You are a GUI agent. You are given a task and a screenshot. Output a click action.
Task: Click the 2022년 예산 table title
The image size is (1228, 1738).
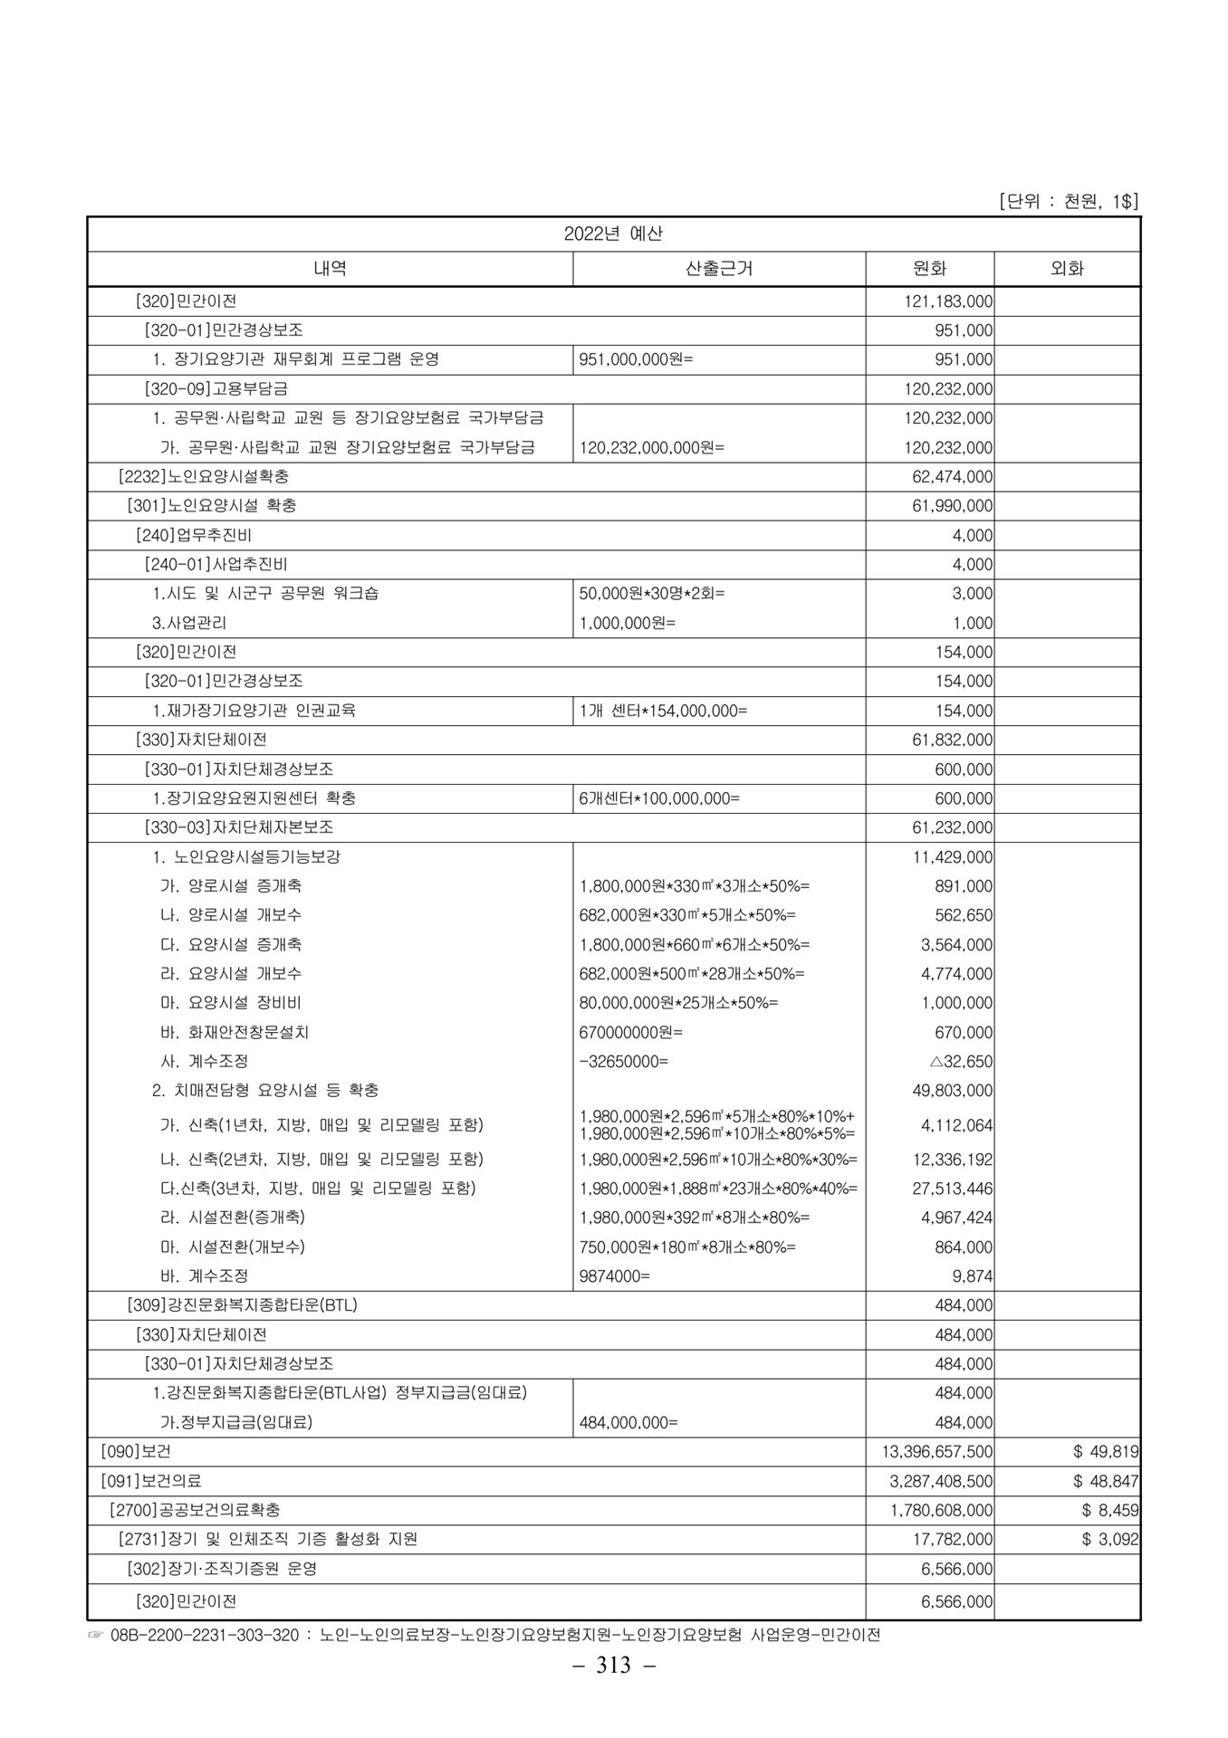pos(613,234)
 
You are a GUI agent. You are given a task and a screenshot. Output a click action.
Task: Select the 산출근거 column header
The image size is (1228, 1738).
pos(719,269)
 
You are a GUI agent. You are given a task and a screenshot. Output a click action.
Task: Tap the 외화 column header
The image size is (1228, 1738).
pos(1067,269)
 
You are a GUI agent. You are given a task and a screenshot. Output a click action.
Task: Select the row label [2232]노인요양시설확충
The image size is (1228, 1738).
pos(204,476)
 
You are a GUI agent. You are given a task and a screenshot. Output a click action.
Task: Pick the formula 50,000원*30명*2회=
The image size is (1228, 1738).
pos(652,594)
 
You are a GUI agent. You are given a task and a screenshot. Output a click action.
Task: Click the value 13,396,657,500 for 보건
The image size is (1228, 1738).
pos(937,1452)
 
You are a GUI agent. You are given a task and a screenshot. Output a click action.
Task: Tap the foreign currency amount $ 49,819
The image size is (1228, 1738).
pos(1105,1452)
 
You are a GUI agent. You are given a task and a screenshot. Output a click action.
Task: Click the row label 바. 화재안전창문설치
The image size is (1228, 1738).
pos(235,1032)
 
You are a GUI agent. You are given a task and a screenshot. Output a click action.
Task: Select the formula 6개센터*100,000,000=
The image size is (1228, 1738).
pos(659,798)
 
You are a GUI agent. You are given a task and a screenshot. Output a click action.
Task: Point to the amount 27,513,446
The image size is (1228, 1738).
pos(952,1189)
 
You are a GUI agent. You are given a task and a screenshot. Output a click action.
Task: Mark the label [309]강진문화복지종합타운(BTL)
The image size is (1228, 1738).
pos(242,1305)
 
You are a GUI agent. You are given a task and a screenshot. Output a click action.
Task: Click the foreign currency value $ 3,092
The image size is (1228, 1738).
pos(1109,1539)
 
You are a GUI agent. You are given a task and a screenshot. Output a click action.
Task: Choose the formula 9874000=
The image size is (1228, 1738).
pos(615,1276)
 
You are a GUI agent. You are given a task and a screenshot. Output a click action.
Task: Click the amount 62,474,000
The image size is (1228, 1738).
pos(952,476)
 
